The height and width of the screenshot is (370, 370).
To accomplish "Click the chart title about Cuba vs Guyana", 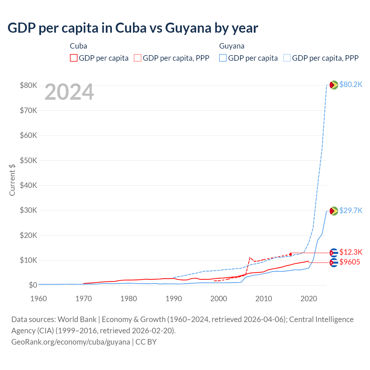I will click(x=133, y=28).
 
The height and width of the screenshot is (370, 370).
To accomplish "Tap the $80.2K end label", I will click(x=351, y=84).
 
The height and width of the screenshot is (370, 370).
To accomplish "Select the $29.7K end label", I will click(x=351, y=210).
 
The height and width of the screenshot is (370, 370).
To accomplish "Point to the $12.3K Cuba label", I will click(x=351, y=252).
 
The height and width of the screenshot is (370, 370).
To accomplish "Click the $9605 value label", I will click(x=349, y=262).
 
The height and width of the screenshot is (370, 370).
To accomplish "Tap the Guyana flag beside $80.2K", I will click(x=334, y=85).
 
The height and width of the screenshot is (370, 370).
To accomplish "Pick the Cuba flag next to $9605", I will click(x=334, y=262).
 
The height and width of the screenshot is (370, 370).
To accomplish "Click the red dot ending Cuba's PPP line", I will click(x=291, y=254).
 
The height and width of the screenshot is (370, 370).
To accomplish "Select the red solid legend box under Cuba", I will click(x=74, y=58).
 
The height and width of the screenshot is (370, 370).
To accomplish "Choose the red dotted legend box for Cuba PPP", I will click(x=138, y=58).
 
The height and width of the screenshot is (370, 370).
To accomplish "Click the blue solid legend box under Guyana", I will click(x=223, y=58).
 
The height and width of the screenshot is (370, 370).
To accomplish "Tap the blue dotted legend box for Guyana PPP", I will click(x=287, y=58).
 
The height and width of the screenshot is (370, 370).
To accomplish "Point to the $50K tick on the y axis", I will click(x=28, y=160).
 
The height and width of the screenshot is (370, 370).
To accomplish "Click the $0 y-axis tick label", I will click(x=33, y=285).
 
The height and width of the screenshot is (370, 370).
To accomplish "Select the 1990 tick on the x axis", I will click(x=173, y=299).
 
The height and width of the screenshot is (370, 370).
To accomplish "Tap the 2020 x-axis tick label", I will click(x=309, y=299).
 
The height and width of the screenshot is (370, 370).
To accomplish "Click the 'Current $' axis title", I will click(x=12, y=180).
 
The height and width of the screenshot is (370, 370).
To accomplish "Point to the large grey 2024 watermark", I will click(x=69, y=92).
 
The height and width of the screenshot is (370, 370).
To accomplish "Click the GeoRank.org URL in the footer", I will click(x=71, y=342).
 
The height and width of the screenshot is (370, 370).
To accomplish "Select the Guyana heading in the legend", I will click(x=232, y=46).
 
